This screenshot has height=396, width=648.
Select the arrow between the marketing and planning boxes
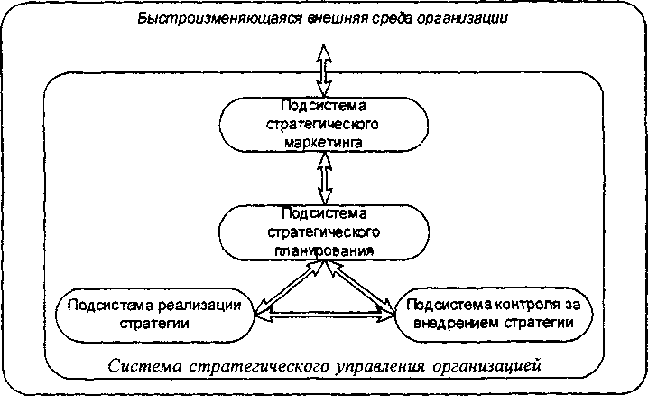322,178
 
